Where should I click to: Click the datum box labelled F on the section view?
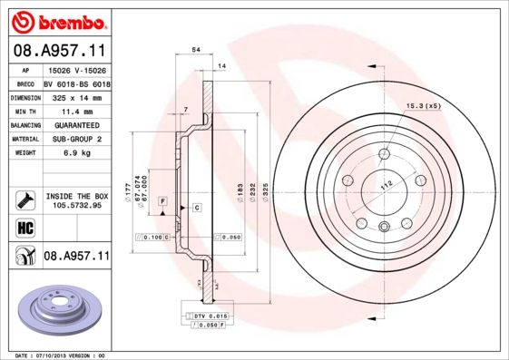click(162, 199)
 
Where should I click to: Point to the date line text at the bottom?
click(62, 355)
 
